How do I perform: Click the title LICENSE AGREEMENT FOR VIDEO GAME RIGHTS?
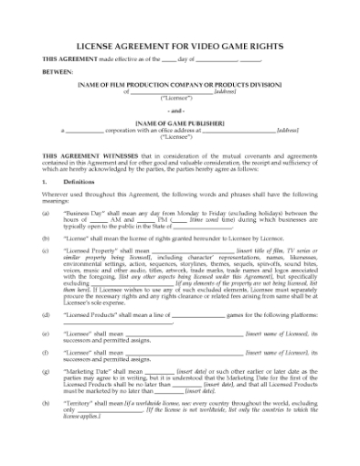pos(179,43)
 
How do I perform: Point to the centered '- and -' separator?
pos(179,108)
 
